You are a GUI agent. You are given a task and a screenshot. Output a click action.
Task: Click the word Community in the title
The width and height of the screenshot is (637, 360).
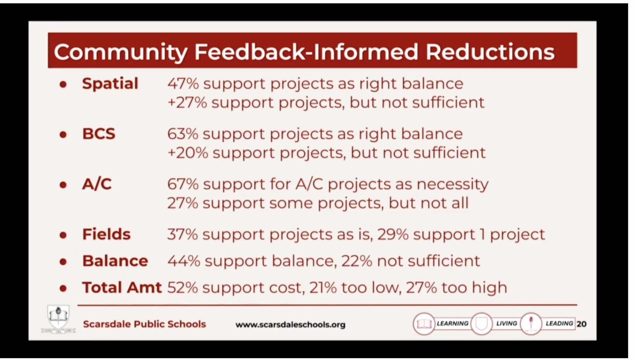(121, 52)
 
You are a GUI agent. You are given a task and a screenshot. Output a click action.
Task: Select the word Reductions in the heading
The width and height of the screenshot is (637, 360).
(490, 52)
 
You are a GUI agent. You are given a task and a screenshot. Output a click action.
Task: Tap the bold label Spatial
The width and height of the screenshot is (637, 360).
(110, 84)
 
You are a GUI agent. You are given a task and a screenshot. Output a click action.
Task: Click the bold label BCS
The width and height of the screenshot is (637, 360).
(99, 134)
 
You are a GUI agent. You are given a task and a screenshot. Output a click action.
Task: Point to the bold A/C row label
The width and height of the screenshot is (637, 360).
(97, 184)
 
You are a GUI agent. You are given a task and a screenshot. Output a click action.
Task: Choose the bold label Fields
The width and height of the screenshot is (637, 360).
(106, 234)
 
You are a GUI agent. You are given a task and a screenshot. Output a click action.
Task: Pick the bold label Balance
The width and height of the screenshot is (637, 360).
(115, 261)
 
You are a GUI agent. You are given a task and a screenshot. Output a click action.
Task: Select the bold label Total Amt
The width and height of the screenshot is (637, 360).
(122, 287)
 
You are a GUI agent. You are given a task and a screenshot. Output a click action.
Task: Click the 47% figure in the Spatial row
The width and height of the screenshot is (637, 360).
(183, 84)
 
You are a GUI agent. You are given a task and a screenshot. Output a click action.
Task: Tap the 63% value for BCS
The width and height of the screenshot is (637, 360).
(183, 134)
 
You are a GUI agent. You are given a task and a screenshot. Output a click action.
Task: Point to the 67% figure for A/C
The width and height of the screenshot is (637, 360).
(183, 184)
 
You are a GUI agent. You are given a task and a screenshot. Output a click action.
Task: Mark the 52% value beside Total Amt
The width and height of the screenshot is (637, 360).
(183, 287)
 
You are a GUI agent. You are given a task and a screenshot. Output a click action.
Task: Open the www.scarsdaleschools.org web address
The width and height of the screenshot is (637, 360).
(290, 325)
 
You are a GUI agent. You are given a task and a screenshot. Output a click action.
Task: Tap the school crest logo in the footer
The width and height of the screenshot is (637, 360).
(58, 318)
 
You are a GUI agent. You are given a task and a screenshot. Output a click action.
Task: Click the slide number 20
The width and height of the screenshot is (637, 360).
(581, 324)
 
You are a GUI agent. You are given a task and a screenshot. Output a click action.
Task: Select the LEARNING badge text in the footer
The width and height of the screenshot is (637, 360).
(452, 324)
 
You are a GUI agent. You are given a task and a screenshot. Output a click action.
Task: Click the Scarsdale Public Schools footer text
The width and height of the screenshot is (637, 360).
(144, 324)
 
